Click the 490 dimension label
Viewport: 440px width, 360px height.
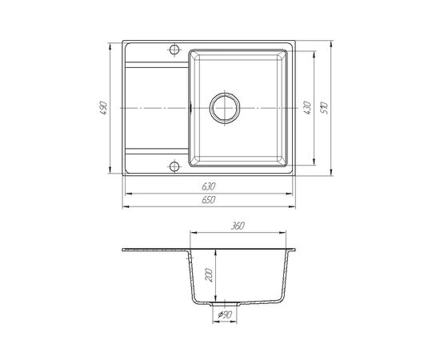tap(103, 108)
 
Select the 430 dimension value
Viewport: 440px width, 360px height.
tap(307, 108)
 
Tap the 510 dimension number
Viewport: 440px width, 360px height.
tap(324, 108)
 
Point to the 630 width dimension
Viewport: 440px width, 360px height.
tap(208, 186)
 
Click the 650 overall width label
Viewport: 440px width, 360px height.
tap(208, 200)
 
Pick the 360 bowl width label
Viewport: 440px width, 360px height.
tap(238, 226)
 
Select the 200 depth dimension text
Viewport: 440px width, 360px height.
tap(209, 275)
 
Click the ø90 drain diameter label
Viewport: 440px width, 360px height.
tap(225, 315)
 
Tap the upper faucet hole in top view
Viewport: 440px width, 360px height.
tap(174, 50)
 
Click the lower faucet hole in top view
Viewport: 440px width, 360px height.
tap(174, 166)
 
